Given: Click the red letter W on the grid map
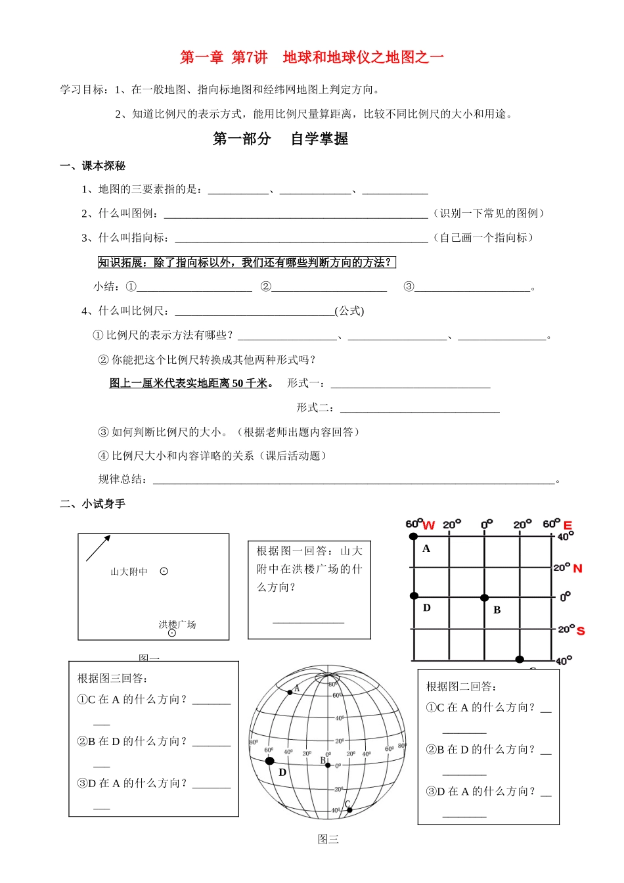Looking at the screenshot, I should [429, 525].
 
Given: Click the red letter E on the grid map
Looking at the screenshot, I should [568, 525].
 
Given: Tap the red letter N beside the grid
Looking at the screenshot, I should [577, 568].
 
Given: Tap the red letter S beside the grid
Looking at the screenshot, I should [580, 631].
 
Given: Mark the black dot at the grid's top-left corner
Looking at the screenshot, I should [414, 537].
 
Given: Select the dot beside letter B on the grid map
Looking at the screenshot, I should [484, 598].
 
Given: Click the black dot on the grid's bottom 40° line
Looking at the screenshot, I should [520, 659].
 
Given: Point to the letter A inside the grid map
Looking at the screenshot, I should [426, 549].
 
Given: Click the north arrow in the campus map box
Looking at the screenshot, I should [98, 548].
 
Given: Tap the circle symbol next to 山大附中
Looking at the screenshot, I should [164, 572].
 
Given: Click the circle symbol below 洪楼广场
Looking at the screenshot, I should [172, 633].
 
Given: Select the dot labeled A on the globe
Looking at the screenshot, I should [290, 692].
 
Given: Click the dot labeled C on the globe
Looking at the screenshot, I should [349, 810].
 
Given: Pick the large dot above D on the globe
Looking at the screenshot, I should [269, 761].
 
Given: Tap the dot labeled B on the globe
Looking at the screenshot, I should [328, 765].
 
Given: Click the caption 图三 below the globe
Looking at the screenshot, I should [328, 839].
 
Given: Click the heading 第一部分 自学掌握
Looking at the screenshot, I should [280, 139].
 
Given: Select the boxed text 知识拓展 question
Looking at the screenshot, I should [247, 263].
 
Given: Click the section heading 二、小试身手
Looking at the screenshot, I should [93, 504].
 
